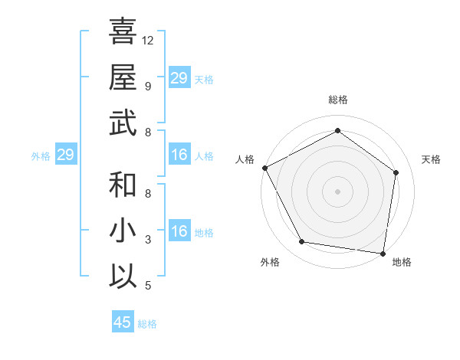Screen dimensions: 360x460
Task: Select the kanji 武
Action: (x=123, y=123)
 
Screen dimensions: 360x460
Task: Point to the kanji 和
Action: (x=123, y=185)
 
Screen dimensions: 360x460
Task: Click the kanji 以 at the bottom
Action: (x=123, y=276)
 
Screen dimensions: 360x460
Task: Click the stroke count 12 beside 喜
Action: (x=149, y=40)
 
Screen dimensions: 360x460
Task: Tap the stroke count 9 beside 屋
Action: (x=147, y=86)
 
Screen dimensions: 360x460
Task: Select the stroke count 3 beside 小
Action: (x=147, y=240)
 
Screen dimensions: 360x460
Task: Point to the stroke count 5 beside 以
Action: (x=147, y=286)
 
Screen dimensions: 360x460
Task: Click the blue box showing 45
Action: (x=123, y=322)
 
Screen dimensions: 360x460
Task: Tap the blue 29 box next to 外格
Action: (x=65, y=155)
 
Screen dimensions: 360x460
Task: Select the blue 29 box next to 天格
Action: (x=179, y=78)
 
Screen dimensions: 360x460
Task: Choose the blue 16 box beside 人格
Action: (x=179, y=155)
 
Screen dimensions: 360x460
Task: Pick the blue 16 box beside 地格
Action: (x=179, y=232)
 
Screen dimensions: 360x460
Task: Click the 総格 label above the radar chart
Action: (x=337, y=100)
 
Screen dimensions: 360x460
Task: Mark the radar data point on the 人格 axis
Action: (x=264, y=168)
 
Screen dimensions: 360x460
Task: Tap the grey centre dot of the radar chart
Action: (x=337, y=191)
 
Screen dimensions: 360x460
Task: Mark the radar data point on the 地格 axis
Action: (x=383, y=253)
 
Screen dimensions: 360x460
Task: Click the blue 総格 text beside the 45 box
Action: (x=147, y=324)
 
